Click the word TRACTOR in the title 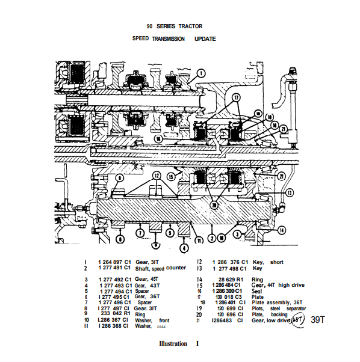pyautogui.click(x=190, y=26)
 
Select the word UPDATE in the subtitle pyautogui.click(x=205, y=39)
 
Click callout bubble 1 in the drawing pyautogui.click(x=201, y=75)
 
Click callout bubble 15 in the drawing pyautogui.click(x=172, y=176)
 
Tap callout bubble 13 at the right pyautogui.click(x=289, y=193)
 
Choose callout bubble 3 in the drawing pyautogui.click(x=237, y=233)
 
